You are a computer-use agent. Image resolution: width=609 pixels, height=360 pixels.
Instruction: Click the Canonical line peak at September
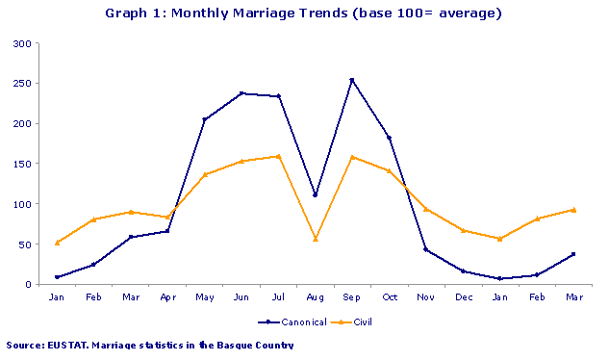[x=351, y=80]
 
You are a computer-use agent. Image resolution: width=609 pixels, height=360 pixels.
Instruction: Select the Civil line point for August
[x=315, y=239]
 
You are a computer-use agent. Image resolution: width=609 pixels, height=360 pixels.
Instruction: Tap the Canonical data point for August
[x=315, y=194]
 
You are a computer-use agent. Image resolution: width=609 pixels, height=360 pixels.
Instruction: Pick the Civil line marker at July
[x=278, y=156]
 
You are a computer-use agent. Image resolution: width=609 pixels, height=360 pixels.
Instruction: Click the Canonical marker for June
[x=241, y=93]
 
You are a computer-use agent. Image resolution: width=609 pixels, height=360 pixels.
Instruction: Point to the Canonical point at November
[x=425, y=249]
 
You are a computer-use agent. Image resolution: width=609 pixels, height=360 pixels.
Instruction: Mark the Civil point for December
[x=463, y=230]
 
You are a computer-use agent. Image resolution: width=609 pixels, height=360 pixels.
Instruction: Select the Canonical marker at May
[x=205, y=119]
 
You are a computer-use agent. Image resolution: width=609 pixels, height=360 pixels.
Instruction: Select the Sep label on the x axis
[x=351, y=296]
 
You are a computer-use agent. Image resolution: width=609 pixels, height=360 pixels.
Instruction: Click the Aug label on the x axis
[x=315, y=296]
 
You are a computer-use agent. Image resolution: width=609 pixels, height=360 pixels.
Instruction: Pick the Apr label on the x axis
[x=167, y=296]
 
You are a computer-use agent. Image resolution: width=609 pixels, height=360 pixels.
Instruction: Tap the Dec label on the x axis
[x=463, y=296]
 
